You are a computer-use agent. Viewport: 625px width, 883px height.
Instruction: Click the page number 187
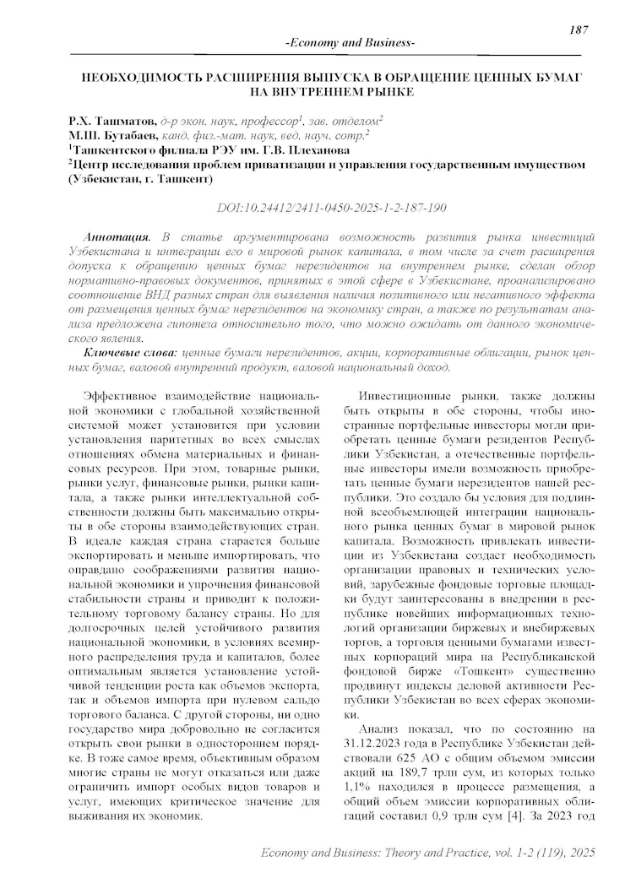pos(579,30)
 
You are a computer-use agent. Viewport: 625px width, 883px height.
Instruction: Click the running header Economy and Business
pos(351,42)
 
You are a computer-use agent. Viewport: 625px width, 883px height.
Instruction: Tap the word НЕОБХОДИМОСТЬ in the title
pos(137,77)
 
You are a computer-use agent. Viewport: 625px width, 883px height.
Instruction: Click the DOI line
pos(332,207)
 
